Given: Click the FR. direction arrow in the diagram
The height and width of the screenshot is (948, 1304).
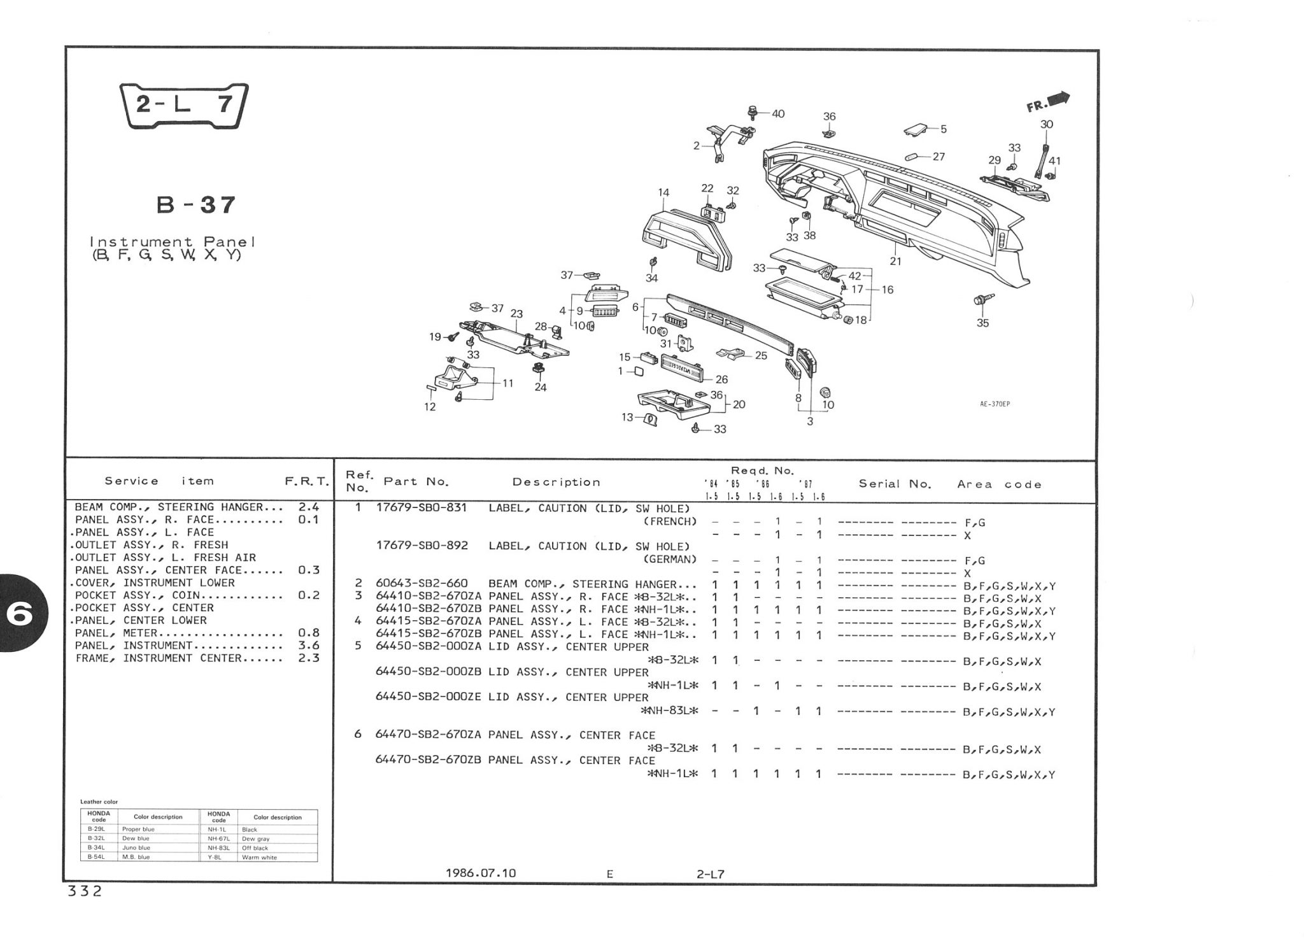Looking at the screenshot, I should (1049, 103).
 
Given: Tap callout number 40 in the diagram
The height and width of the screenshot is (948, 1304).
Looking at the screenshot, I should (777, 114).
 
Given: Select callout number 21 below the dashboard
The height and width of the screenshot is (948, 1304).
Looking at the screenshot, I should (895, 261).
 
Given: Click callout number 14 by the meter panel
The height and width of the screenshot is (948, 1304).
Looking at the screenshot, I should (663, 192).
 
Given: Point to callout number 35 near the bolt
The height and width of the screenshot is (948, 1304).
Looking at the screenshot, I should (982, 323).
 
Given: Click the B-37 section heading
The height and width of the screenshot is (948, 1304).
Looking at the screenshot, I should (196, 205).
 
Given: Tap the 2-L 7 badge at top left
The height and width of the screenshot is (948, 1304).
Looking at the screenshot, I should (185, 105).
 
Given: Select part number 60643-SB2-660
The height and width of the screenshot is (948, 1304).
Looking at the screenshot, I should (422, 584).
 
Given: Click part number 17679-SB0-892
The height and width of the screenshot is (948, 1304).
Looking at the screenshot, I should (422, 546).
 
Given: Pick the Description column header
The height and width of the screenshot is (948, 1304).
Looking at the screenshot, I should (556, 482).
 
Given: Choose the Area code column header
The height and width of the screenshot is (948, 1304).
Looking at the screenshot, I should (999, 485).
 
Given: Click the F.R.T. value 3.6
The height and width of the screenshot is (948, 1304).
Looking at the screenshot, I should (308, 646).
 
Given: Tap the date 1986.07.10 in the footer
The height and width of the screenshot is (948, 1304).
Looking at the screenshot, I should (481, 873).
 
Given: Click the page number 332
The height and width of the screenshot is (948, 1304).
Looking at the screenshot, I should (85, 891).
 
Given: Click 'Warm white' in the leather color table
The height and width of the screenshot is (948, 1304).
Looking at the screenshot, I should (259, 857).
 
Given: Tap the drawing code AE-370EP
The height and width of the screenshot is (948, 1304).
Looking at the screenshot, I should (995, 404).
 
